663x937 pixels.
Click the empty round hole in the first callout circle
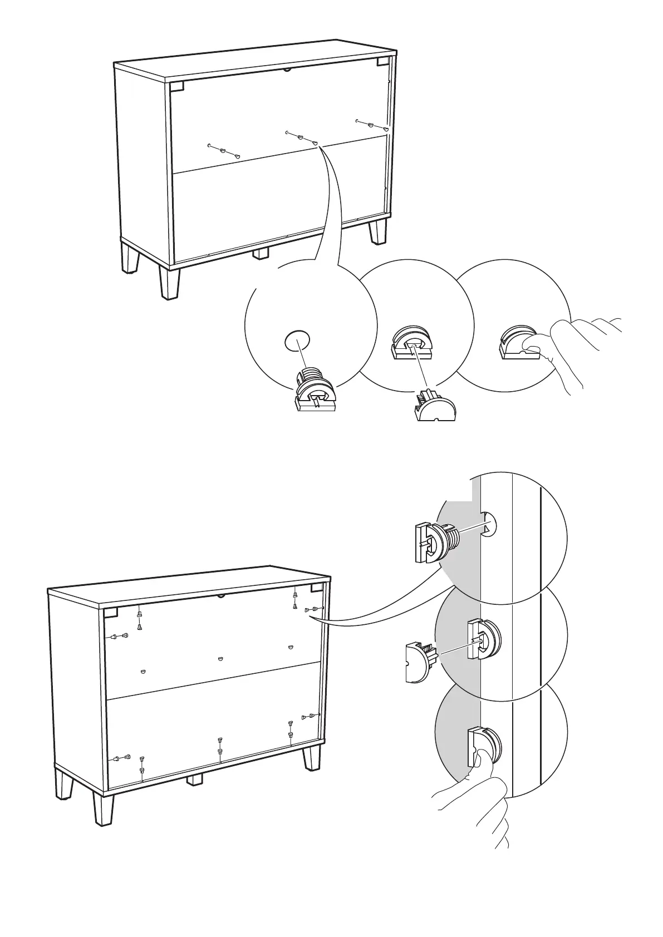coord(297,340)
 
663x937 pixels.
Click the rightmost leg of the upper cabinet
coord(378,230)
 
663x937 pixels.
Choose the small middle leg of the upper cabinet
coord(261,253)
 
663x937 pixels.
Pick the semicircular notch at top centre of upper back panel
coord(288,70)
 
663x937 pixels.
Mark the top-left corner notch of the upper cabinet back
coord(176,87)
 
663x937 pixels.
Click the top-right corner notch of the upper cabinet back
coord(384,62)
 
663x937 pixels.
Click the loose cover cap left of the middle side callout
coord(418,662)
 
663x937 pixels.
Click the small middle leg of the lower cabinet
coord(194,780)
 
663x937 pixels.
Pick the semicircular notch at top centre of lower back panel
coord(221,595)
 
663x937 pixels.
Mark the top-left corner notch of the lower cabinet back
coord(110,613)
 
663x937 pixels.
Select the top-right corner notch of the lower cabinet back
coord(317,588)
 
